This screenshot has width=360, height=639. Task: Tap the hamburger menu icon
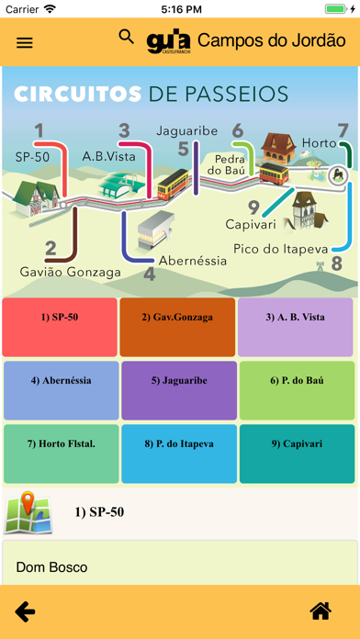point(25,42)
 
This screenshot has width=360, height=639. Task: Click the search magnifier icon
point(127,38)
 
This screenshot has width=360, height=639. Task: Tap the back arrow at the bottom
point(26,611)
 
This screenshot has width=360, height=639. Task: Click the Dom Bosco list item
point(51,567)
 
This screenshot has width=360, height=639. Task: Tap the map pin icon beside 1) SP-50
point(28,512)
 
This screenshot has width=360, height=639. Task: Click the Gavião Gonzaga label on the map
point(70,272)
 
